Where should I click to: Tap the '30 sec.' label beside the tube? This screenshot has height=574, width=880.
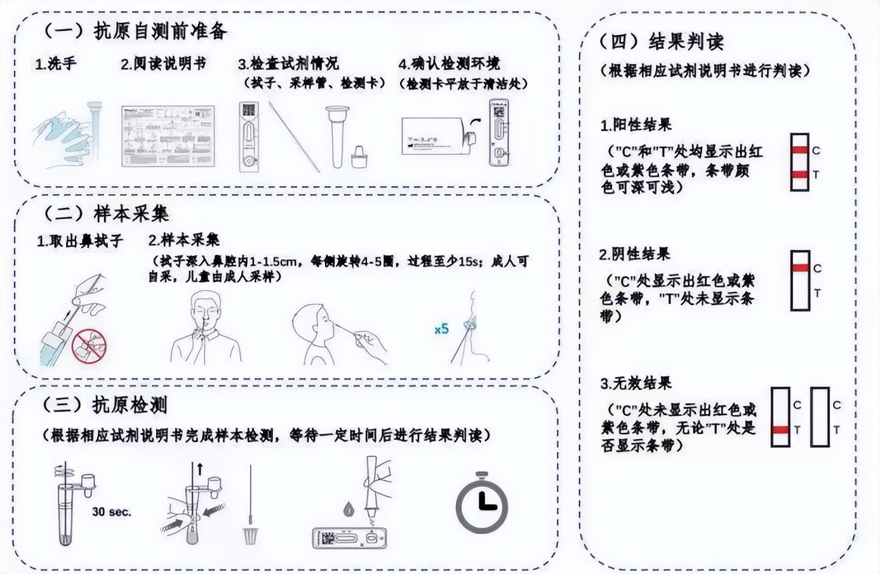coord(112,512)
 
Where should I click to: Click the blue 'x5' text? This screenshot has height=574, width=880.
coord(441,329)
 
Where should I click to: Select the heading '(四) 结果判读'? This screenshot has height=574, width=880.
coord(660,42)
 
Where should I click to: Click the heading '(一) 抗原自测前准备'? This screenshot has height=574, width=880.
coord(135,30)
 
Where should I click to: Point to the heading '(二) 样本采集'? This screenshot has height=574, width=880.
coord(106,213)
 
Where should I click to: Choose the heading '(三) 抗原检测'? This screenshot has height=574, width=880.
coord(105,404)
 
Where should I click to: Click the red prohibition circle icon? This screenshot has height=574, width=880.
coord(89,345)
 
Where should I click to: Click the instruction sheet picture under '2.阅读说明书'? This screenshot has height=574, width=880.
coord(168,137)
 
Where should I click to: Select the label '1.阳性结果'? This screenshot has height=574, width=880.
coord(636,125)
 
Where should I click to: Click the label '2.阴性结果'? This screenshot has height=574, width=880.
coord(634,255)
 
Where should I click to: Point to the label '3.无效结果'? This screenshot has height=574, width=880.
coord(636,384)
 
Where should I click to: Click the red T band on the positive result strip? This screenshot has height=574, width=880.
coord(800,174)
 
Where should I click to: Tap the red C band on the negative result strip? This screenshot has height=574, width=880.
coord(800,268)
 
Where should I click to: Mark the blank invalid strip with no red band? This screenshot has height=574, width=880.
coord(820,417)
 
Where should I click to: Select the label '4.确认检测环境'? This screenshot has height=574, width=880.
coord(449,64)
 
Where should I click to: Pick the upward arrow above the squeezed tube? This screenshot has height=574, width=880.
coord(200,471)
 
